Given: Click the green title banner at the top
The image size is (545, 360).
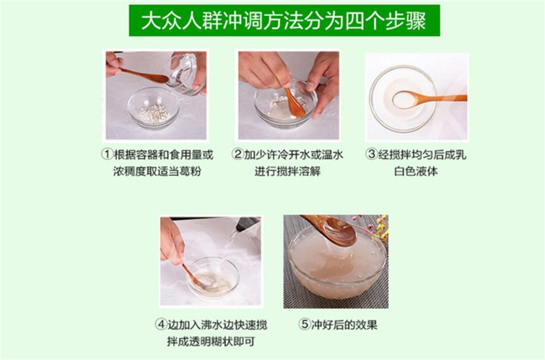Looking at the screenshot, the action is [284, 21].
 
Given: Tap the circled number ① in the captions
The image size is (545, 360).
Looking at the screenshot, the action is [107, 154].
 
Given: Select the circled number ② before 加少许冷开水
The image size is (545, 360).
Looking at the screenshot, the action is [237, 154].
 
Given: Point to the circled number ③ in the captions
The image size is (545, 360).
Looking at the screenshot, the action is [372, 154].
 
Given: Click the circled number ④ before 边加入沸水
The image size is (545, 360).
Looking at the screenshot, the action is [161, 325].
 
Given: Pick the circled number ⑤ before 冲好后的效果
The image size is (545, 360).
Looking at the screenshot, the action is [304, 325].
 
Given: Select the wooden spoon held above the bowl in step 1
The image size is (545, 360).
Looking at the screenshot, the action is [144, 75].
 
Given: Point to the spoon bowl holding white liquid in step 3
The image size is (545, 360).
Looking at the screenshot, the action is [405, 99].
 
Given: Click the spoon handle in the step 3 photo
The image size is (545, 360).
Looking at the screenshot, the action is [442, 99].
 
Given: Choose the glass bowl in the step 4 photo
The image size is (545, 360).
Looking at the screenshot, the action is [214, 277].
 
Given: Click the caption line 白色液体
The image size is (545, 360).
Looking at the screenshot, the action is [416, 171].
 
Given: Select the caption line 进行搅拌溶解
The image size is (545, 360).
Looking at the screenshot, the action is [288, 171].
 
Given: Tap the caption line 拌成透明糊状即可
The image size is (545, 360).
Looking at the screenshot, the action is [211, 341].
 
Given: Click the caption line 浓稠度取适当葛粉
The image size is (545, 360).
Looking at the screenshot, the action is [157, 171].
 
